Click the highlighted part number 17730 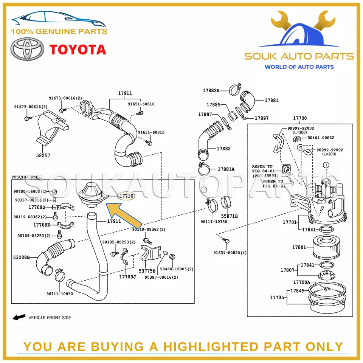126,196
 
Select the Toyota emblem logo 27,49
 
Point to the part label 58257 43,155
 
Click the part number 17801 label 299,247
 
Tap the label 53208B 22,258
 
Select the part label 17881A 226,169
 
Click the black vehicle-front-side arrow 19,317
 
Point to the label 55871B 229,216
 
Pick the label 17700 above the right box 300,118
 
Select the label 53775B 147,271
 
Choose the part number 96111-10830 60,294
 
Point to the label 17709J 127,277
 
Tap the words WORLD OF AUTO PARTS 299,67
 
